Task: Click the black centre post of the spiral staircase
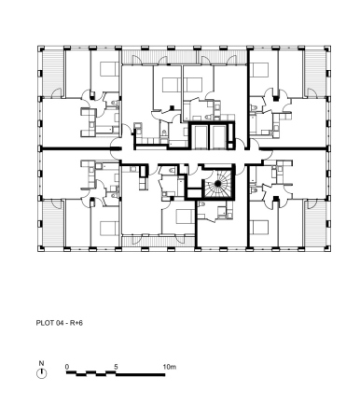click(217, 184)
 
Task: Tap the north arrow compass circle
click(42, 373)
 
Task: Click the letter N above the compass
click(41, 363)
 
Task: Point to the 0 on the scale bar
click(67, 367)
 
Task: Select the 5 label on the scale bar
click(116, 367)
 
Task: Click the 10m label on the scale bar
click(170, 367)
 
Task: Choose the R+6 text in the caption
click(76, 323)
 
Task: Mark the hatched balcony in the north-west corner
click(53, 73)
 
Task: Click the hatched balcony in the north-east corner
click(314, 73)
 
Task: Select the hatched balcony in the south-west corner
click(53, 223)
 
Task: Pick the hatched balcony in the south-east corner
click(314, 223)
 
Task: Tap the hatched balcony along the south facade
click(158, 241)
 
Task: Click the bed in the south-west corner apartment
click(109, 228)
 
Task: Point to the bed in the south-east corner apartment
click(258, 227)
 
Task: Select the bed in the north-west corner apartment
click(109, 69)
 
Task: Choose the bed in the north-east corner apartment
click(258, 70)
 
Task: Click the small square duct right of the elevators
click(230, 146)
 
